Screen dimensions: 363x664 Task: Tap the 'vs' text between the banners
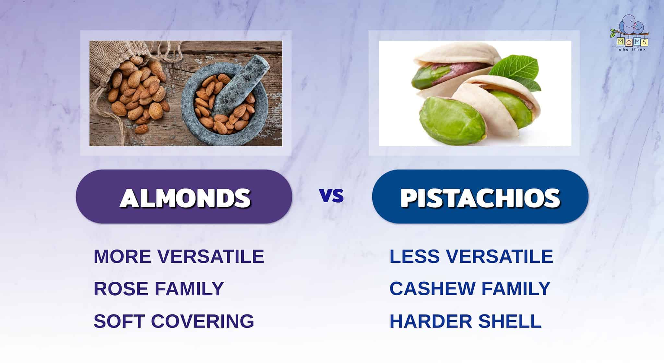pyautogui.click(x=331, y=196)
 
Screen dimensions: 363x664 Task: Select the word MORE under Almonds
pyautogui.click(x=123, y=256)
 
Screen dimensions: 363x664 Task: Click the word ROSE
pyautogui.click(x=121, y=288)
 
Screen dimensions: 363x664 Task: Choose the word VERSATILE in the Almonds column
pyautogui.click(x=211, y=256)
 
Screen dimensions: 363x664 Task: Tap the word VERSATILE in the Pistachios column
pyautogui.click(x=500, y=256)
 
